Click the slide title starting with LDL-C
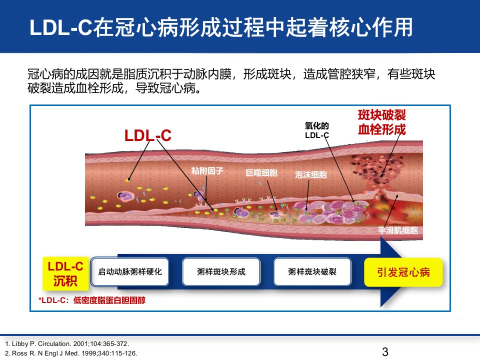click(221, 27)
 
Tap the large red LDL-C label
click(148, 135)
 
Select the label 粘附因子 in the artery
click(207, 170)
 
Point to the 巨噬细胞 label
click(261, 172)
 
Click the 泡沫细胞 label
click(310, 174)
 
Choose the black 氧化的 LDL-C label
click(317, 130)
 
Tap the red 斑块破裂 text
click(381, 115)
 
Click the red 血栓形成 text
click(381, 129)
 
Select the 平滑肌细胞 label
click(397, 230)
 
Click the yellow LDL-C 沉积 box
click(65, 273)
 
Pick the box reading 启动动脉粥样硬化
click(130, 271)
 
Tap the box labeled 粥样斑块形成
click(221, 271)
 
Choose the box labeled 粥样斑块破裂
click(312, 271)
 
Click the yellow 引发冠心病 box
click(403, 272)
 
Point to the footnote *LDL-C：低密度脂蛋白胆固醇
click(92, 300)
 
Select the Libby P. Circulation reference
click(67, 344)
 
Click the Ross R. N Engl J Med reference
click(71, 353)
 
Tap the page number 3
click(385, 351)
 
